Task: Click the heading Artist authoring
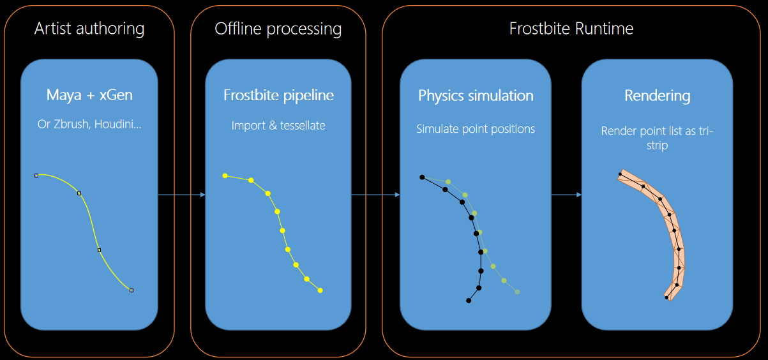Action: point(89,29)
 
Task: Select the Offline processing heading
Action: point(278,29)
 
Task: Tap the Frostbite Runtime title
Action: point(571,29)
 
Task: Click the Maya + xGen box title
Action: point(89,95)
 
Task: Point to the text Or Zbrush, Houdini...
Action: point(89,124)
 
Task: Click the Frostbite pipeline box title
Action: point(278,95)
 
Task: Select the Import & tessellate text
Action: point(278,126)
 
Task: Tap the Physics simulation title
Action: point(476,96)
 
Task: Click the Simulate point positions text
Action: point(476,130)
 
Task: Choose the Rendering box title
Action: point(658,96)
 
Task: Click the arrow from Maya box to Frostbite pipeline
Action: point(182,195)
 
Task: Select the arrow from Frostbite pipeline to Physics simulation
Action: point(376,195)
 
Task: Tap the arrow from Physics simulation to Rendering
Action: point(566,195)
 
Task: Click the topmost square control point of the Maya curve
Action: point(36,176)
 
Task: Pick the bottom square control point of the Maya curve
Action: point(132,290)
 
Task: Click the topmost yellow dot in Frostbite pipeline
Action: point(225,176)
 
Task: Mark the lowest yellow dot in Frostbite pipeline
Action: point(320,290)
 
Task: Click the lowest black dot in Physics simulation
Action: point(469,301)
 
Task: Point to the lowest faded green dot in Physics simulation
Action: point(517,292)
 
